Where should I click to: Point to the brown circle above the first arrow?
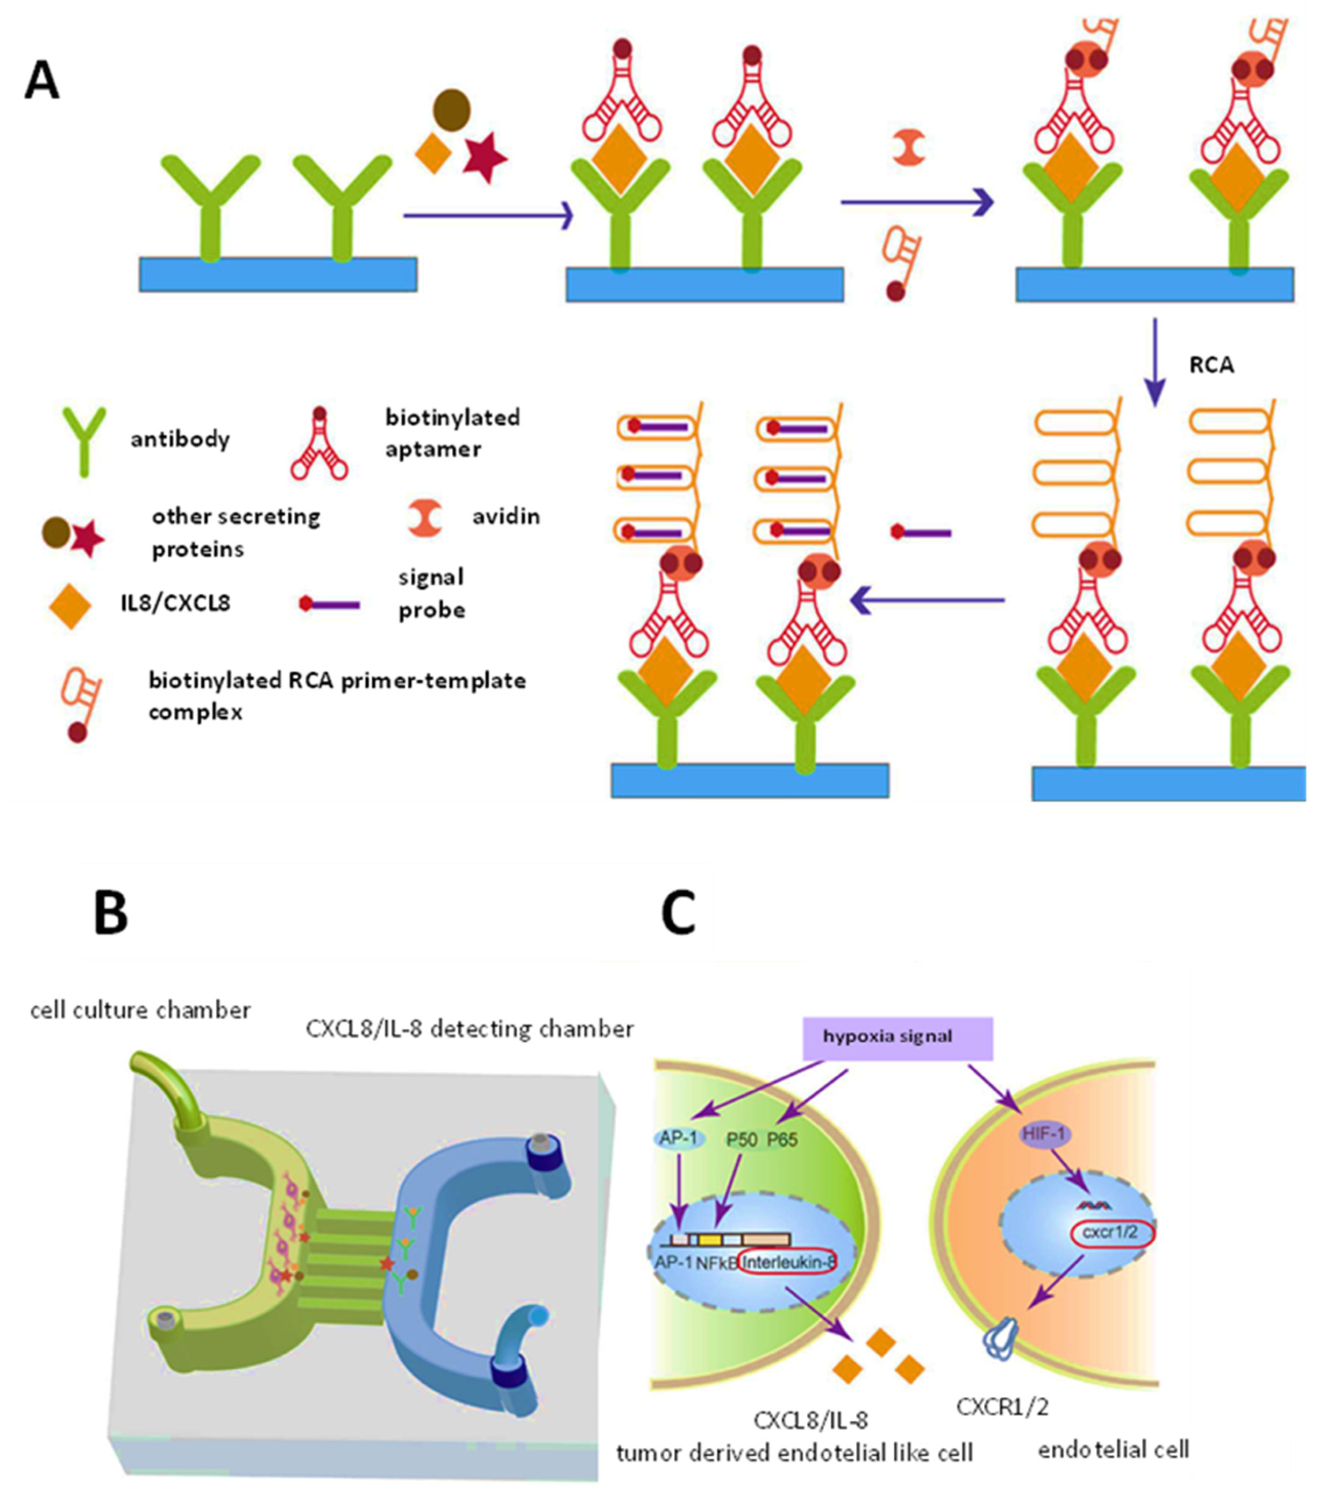451,110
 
